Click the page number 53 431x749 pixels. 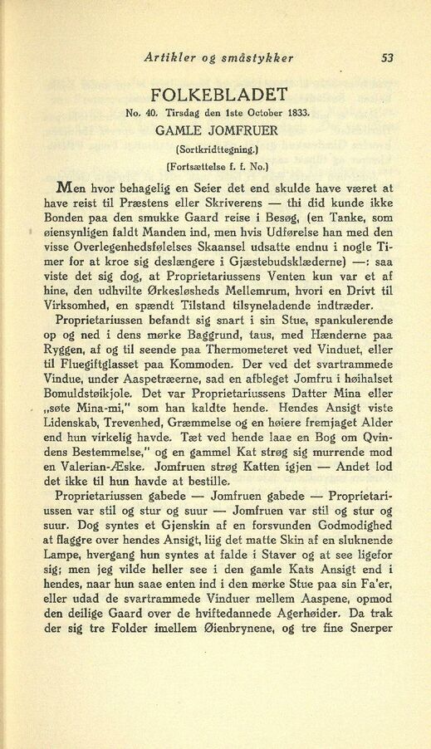(386, 58)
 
